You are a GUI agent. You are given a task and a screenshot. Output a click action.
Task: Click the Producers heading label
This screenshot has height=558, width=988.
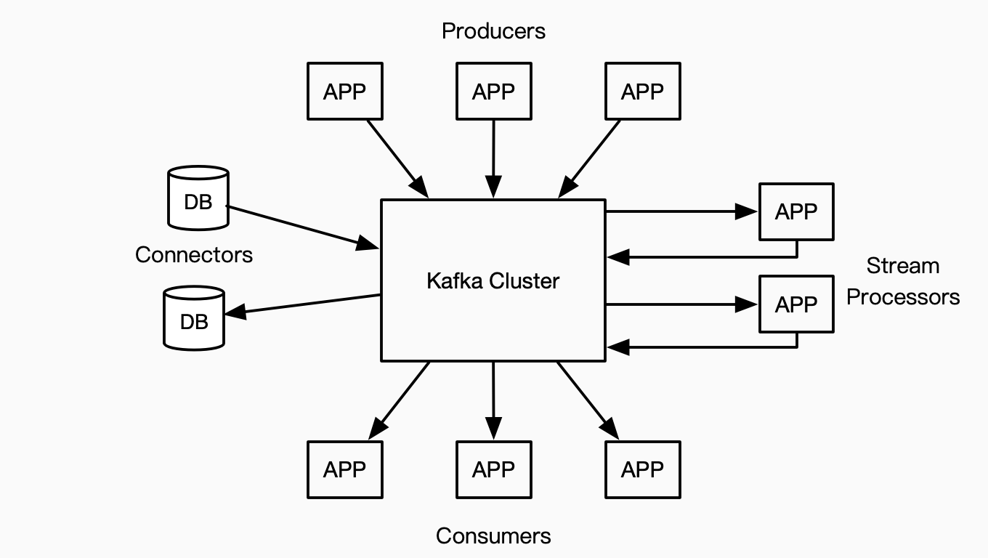click(x=493, y=31)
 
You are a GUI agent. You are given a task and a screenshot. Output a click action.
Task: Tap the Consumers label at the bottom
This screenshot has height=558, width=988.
click(x=493, y=536)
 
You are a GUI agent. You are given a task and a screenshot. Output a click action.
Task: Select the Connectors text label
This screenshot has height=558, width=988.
click(x=194, y=255)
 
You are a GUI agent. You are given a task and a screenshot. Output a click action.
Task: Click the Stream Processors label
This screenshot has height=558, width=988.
click(x=903, y=281)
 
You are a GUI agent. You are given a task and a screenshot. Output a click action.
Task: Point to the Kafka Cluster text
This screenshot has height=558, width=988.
click(x=493, y=280)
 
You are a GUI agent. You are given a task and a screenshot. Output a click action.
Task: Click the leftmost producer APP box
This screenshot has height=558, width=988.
click(x=345, y=92)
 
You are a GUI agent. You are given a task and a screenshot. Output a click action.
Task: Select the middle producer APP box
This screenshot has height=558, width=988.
click(x=493, y=92)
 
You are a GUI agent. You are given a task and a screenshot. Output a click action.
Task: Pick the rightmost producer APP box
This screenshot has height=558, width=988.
click(x=642, y=92)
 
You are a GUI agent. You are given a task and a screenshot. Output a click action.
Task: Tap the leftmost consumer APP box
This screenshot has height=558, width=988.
click(x=345, y=469)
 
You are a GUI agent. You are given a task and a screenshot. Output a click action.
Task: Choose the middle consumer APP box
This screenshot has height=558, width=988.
click(x=493, y=469)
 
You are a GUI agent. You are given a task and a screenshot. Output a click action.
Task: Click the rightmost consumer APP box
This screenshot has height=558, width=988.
click(x=642, y=469)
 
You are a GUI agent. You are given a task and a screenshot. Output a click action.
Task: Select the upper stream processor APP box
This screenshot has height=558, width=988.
click(x=796, y=211)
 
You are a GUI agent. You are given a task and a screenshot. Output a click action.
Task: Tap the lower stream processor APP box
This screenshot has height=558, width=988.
click(x=796, y=304)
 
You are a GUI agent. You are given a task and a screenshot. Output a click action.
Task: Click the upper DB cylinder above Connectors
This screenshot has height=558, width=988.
click(x=198, y=198)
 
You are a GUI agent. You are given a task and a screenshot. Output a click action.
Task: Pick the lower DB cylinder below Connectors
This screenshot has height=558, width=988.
click(x=194, y=318)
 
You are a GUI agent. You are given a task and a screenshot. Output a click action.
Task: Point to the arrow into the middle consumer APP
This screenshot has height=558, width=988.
click(x=493, y=400)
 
